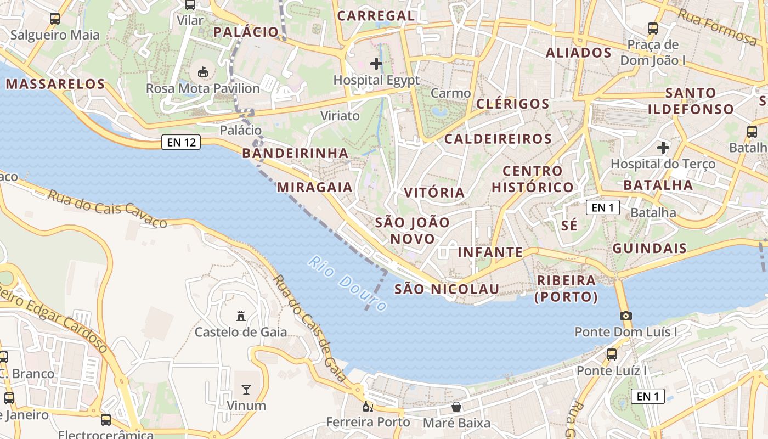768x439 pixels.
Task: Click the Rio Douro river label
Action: click(347, 284)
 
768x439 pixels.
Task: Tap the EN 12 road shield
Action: click(181, 143)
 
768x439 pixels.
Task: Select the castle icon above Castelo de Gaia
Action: click(240, 316)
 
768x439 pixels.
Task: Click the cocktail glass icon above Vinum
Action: click(246, 389)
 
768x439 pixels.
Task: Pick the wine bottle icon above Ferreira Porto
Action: click(368, 407)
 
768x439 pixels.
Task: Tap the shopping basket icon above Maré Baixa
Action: click(456, 407)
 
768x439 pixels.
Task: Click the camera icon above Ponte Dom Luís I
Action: click(625, 316)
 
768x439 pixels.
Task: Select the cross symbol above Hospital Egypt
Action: click(376, 64)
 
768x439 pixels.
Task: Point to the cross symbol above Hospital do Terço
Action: click(663, 147)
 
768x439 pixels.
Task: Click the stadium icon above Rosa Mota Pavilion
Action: click(203, 71)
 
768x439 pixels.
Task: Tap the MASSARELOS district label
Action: click(55, 84)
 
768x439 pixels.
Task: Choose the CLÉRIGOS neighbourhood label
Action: click(512, 104)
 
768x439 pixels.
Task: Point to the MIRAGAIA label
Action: click(314, 187)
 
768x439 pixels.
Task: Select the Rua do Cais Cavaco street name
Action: click(107, 209)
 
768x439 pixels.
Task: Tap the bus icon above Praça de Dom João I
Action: click(652, 28)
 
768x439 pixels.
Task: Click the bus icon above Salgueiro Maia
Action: click(55, 18)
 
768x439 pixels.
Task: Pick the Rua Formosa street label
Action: click(717, 26)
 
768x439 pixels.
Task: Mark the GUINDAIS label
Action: click(649, 248)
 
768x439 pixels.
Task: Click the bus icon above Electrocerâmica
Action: click(106, 420)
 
